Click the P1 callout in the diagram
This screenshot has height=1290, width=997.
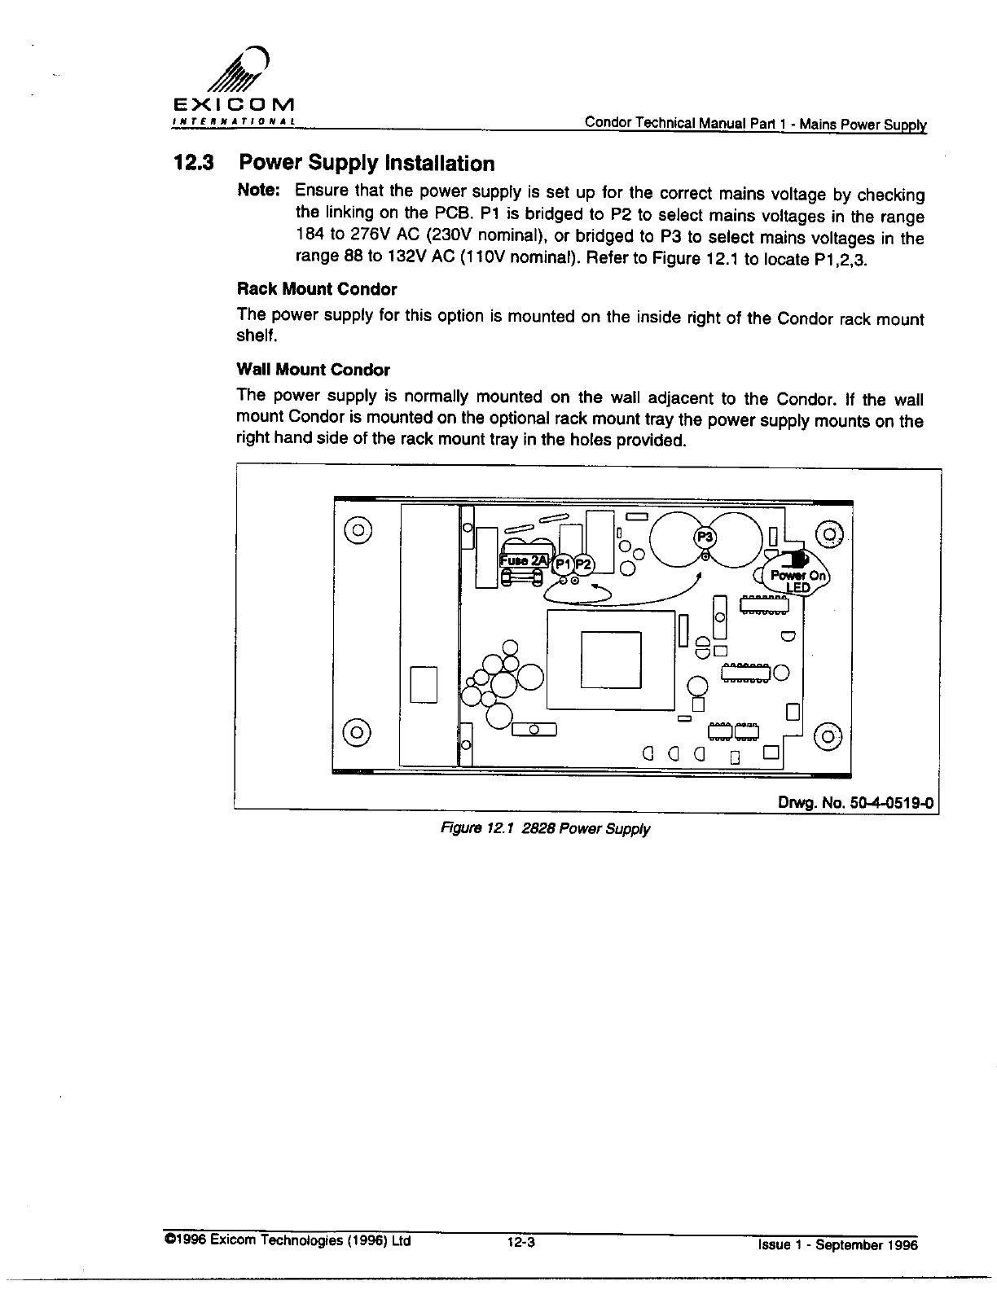point(563,564)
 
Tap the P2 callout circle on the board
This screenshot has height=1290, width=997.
point(584,564)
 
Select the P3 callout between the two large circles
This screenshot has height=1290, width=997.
point(702,537)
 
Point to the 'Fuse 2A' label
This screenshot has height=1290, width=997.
point(525,561)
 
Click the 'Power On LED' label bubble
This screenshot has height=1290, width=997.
point(798,579)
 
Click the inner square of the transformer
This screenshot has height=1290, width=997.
point(611,660)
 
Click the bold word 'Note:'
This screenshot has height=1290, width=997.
point(258,191)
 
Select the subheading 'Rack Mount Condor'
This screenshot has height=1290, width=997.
point(316,289)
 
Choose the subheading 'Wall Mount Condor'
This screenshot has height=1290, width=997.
point(313,370)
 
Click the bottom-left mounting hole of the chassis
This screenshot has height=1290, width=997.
point(358,729)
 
